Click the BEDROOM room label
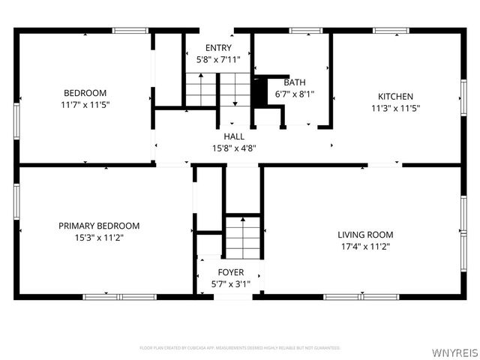coord(84,94)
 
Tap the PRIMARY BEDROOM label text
coord(99,226)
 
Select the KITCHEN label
coord(395,96)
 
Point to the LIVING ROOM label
coord(365,235)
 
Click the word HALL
coord(234,136)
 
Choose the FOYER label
coord(230,272)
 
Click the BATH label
coord(294,82)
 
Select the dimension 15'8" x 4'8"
coord(234,148)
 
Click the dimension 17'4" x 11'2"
coord(365,246)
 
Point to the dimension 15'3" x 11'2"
coord(99,237)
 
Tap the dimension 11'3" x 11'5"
coord(395,107)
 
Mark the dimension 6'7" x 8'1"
coord(294,94)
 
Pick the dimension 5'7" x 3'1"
coord(230,283)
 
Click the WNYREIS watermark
coord(454,349)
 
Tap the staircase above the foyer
coord(242,236)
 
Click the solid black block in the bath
coord(259,92)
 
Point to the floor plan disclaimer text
coord(240,348)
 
